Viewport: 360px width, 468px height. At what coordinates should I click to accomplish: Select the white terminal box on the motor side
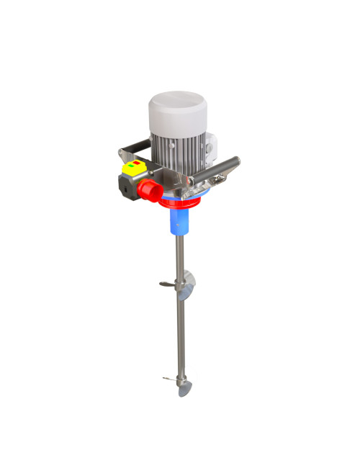[x=210, y=148]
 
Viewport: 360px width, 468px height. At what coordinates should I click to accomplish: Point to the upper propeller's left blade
[x=166, y=284]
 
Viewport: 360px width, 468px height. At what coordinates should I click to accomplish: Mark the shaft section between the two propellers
[x=176, y=331]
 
